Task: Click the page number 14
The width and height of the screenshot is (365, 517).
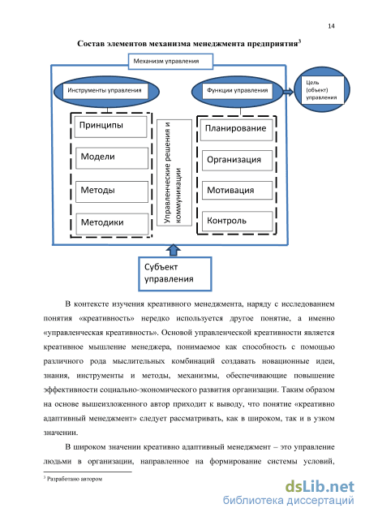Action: (x=331, y=26)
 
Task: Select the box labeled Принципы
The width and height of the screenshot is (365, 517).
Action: (x=110, y=127)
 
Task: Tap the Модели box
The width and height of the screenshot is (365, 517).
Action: (x=112, y=158)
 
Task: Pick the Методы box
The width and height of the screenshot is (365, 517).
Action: (x=112, y=192)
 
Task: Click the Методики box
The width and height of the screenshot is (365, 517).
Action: (x=112, y=224)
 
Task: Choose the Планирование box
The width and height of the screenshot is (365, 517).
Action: (x=237, y=130)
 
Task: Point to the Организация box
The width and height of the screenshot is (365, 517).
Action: (x=237, y=161)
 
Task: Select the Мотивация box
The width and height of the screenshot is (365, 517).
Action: (x=237, y=190)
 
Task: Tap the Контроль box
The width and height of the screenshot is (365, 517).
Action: (x=237, y=222)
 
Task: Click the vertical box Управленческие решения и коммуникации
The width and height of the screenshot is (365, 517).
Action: (x=174, y=172)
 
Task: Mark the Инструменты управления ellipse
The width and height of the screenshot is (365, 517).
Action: (x=106, y=92)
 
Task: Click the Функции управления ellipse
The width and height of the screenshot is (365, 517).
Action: (x=237, y=92)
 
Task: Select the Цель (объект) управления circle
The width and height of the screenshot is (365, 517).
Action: (x=321, y=89)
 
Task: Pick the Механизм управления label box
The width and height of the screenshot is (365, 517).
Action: (x=170, y=62)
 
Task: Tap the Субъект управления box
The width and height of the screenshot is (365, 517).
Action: (x=174, y=274)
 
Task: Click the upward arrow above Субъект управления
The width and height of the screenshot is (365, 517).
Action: (x=174, y=250)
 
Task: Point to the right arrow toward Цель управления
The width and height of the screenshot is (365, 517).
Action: (x=288, y=92)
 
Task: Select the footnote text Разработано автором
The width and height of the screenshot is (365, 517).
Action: (x=75, y=479)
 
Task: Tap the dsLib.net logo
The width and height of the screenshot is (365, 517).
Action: (x=320, y=487)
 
